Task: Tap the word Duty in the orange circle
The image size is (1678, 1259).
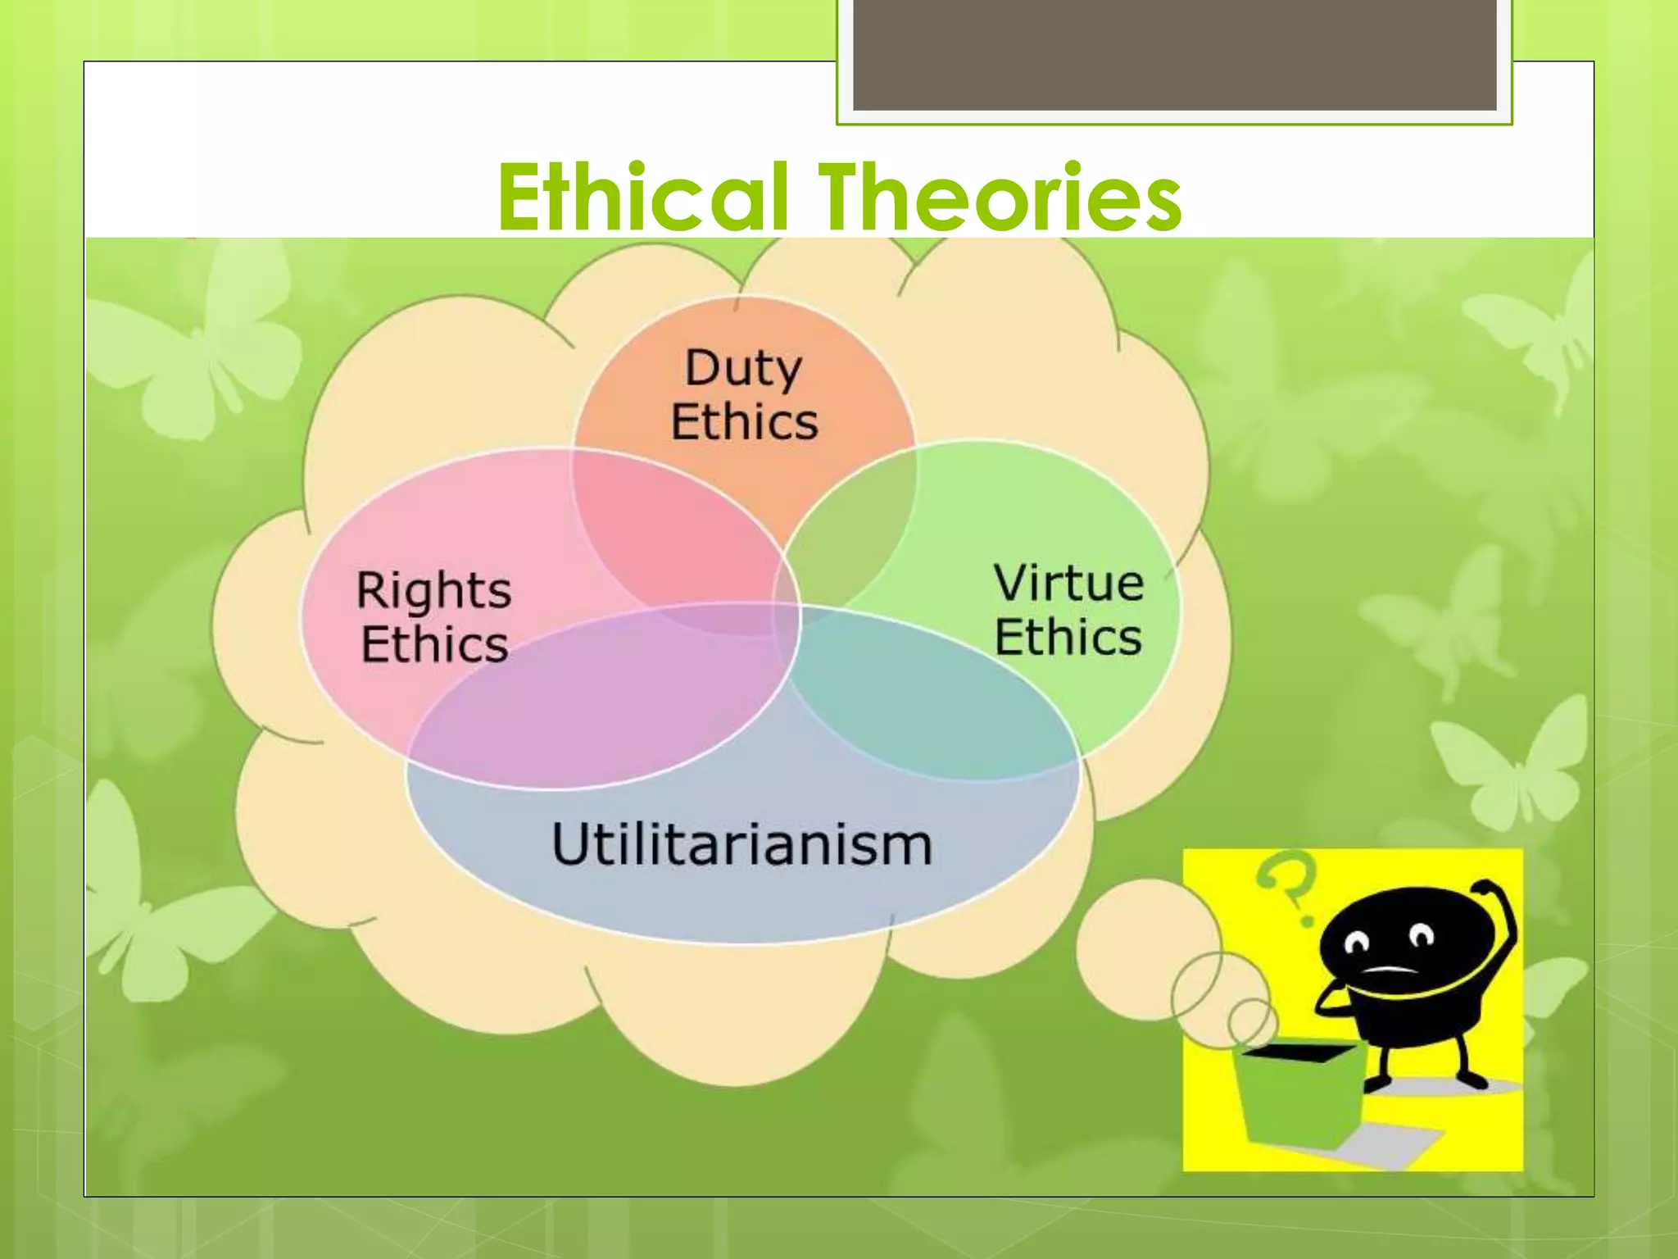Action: point(743,368)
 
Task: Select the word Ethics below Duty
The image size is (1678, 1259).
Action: point(744,422)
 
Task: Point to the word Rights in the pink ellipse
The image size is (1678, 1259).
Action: point(433,590)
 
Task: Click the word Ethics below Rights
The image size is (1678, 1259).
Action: point(435,644)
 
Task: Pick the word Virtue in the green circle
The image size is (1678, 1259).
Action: point(1068,584)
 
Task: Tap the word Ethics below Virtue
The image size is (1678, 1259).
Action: point(1068,638)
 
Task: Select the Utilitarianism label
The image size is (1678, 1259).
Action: point(742,844)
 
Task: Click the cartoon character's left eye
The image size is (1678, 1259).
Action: point(1358,943)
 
